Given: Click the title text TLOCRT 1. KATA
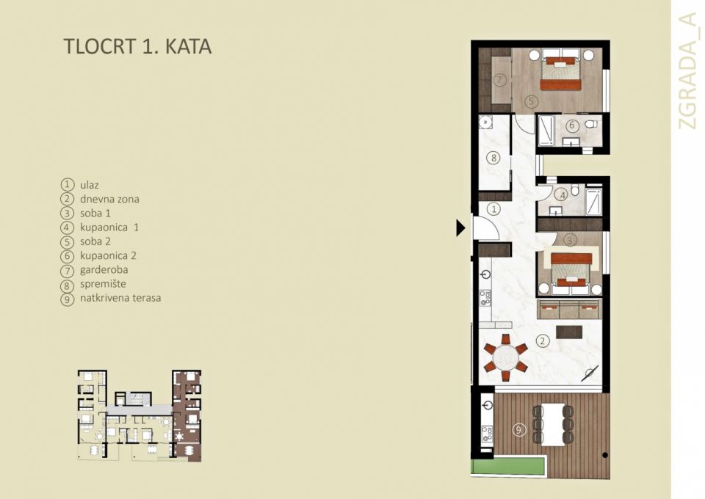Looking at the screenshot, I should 137,46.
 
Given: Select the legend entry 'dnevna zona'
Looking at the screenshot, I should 109,199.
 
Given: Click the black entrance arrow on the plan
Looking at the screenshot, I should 460,227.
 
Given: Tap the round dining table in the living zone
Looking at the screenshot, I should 505,358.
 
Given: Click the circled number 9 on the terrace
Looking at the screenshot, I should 520,429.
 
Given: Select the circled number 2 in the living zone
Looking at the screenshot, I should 542,340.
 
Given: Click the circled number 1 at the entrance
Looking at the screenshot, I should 494,209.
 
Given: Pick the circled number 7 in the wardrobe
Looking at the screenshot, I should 499,79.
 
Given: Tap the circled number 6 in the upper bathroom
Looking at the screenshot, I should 573,125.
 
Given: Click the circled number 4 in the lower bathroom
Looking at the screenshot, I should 561,194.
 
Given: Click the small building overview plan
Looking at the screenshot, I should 140,415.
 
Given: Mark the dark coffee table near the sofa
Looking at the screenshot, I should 569,331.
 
